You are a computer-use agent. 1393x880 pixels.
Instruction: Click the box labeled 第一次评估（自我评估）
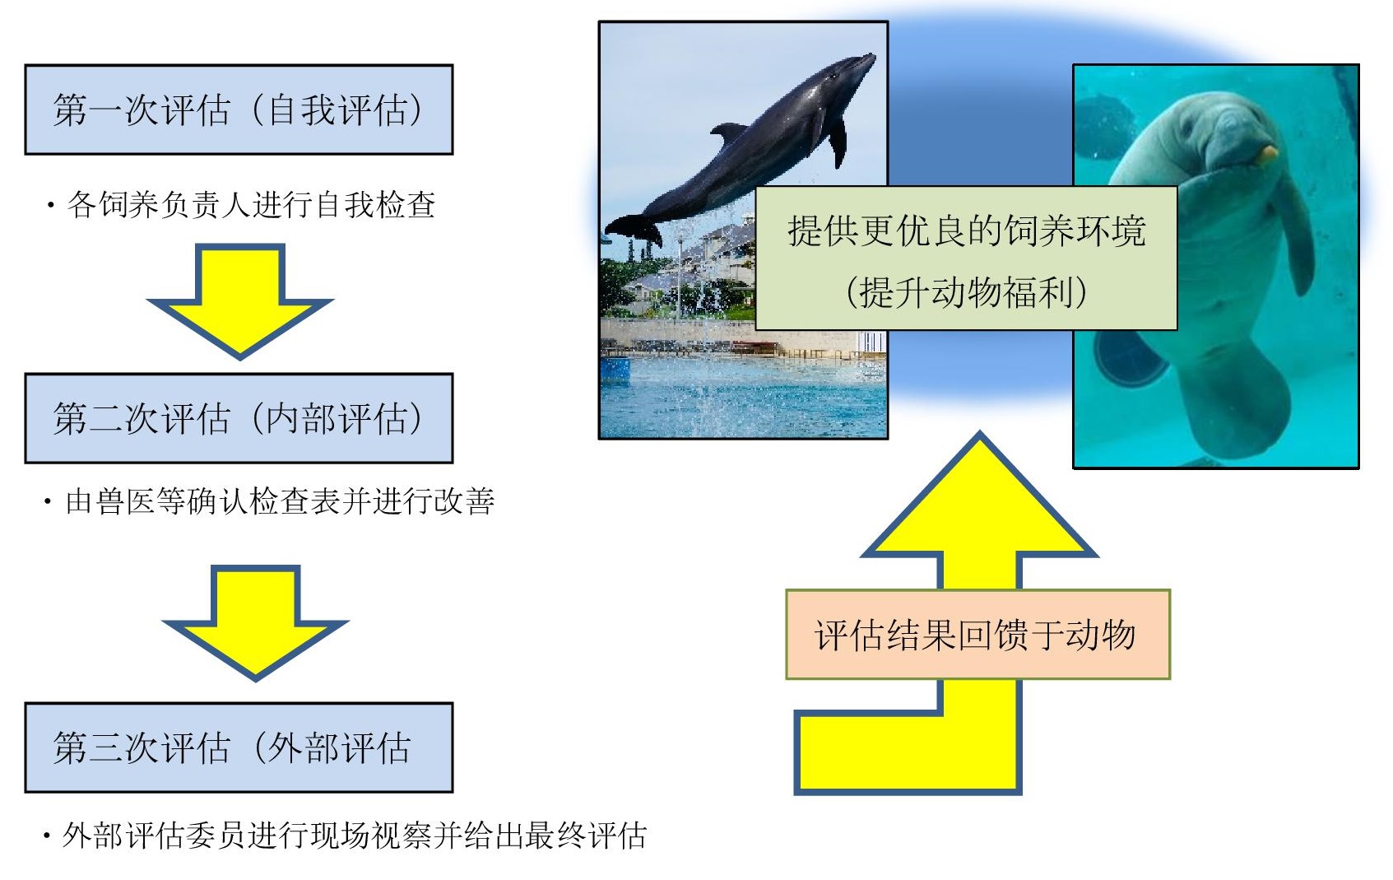[x=239, y=109]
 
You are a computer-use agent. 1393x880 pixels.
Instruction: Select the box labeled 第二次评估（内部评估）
[x=239, y=418]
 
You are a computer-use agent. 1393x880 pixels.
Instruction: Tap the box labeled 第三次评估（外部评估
[x=239, y=747]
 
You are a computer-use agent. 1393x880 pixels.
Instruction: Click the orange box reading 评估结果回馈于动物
[x=977, y=635]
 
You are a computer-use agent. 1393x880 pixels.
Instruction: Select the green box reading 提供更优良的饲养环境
[x=966, y=230]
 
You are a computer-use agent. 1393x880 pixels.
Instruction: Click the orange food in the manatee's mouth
[x=1269, y=152]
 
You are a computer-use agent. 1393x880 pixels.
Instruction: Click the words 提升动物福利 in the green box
[x=966, y=292]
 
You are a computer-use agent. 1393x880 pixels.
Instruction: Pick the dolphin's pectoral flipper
[x=837, y=140]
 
